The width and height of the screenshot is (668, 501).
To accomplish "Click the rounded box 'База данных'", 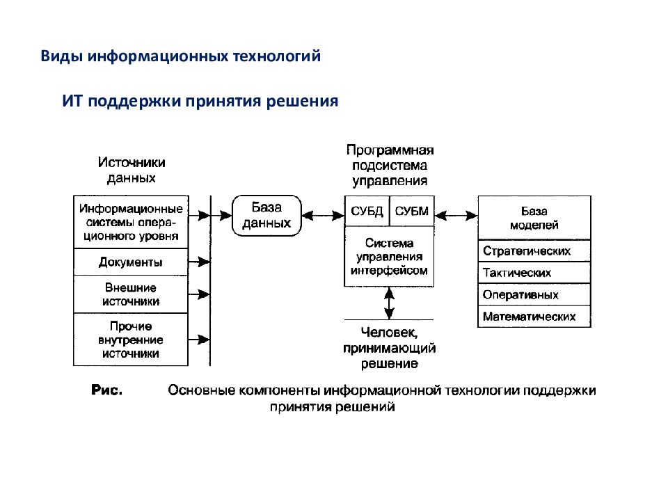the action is [x=267, y=216].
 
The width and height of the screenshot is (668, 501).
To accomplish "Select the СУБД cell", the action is [x=367, y=211].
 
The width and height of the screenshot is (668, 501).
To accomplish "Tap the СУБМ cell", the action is [x=412, y=211].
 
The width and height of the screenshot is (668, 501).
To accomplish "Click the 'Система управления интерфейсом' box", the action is [x=389, y=257].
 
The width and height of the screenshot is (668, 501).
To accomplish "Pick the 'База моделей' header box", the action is [x=534, y=218].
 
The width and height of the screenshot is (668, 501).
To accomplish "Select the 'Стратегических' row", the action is [x=534, y=250].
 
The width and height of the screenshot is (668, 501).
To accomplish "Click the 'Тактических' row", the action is [x=534, y=273].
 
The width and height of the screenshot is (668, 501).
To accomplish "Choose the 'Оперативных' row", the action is [x=534, y=294].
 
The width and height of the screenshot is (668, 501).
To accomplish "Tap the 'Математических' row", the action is [x=534, y=317].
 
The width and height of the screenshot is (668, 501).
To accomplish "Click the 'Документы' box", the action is [x=131, y=262].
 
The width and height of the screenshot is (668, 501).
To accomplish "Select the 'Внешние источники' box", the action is [x=131, y=294].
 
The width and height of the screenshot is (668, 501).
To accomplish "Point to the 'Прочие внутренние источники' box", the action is [x=131, y=340].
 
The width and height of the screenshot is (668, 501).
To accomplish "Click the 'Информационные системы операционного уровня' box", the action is [x=131, y=222].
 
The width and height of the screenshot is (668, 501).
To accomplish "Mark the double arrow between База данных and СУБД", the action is [x=323, y=216].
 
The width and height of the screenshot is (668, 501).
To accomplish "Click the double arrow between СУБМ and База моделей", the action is [x=456, y=216].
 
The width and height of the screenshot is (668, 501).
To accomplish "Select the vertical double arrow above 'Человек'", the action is [x=389, y=303].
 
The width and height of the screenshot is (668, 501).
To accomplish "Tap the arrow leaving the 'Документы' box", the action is [x=199, y=262].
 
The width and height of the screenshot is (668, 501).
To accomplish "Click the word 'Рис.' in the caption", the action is [x=106, y=390].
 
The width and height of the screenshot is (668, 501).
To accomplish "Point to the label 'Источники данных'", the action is [x=132, y=170].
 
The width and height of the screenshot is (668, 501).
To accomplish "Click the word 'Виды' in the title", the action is [x=61, y=56].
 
